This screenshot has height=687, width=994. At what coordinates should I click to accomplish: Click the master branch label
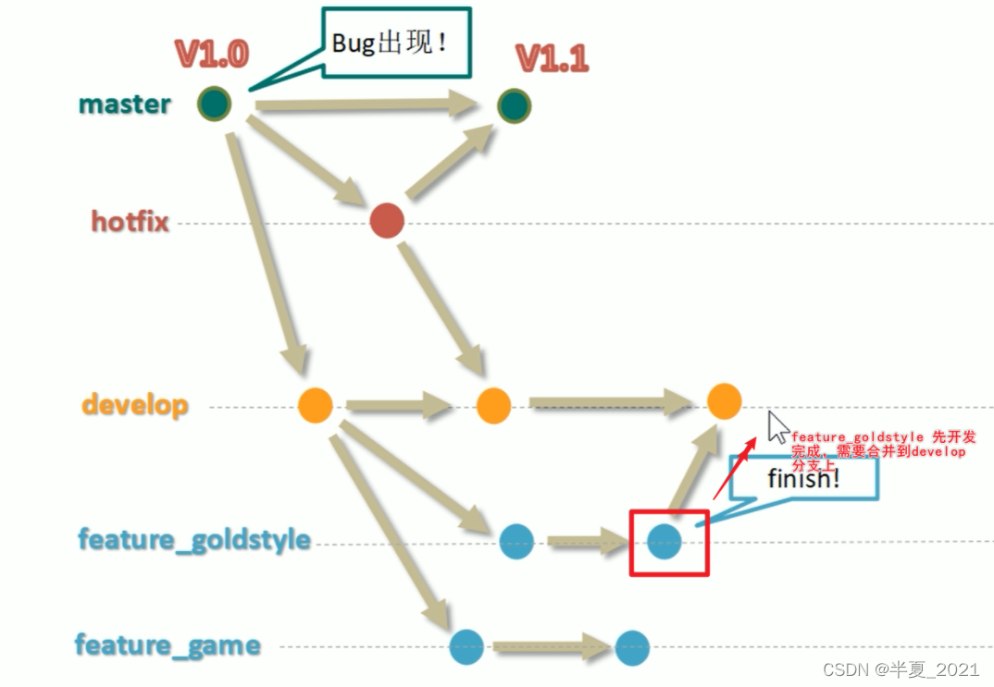(124, 104)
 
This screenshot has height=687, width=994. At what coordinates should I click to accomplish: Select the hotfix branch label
(130, 221)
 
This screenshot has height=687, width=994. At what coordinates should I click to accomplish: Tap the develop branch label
(135, 405)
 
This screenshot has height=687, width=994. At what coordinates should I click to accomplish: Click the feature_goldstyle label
(193, 540)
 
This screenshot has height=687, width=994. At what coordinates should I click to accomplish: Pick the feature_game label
(168, 644)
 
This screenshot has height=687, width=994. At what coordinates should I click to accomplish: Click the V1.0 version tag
(212, 55)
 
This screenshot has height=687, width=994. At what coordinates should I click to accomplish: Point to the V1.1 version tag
(553, 58)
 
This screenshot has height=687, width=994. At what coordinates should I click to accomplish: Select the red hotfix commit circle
(386, 221)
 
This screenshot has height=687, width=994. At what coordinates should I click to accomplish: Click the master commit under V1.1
(514, 105)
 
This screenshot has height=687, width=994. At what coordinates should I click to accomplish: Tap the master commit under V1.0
(214, 103)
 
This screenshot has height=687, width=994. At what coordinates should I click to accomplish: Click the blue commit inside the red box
(665, 542)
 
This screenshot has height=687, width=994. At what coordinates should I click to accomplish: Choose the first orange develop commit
(316, 405)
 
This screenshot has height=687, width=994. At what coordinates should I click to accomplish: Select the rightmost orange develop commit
(724, 400)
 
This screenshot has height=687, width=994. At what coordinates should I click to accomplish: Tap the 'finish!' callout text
(803, 479)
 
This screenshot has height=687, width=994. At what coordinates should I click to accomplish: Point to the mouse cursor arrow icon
(777, 428)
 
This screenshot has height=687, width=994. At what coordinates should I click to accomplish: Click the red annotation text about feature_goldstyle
(879, 445)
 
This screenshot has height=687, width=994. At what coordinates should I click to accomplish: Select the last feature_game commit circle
(632, 646)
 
